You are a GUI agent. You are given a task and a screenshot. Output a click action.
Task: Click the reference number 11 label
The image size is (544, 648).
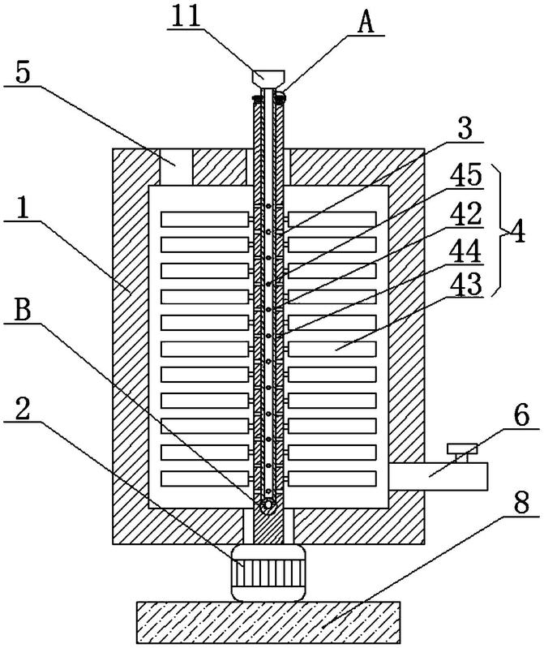[186, 16]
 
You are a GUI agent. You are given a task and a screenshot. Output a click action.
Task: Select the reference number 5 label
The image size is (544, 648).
[23, 73]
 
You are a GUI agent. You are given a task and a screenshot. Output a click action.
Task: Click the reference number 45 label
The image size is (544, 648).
[466, 174]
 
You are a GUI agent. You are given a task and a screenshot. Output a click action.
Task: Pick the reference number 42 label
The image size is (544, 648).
[466, 213]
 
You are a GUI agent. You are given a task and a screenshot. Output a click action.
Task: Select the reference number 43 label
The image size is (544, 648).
[466, 285]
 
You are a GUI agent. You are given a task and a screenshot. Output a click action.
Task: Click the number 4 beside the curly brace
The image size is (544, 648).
[518, 231]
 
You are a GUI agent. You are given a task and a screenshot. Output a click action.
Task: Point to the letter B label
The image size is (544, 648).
[23, 310]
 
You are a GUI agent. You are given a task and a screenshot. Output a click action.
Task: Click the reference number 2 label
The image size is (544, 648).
[23, 408]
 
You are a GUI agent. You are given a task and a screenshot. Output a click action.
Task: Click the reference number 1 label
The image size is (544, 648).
[23, 208]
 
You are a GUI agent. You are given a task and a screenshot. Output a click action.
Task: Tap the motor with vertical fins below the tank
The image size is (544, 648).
[268, 573]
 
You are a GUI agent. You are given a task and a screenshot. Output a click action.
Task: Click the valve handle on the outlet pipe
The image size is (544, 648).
[462, 453]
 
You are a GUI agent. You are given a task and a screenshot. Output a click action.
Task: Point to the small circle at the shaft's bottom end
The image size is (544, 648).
[268, 505]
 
